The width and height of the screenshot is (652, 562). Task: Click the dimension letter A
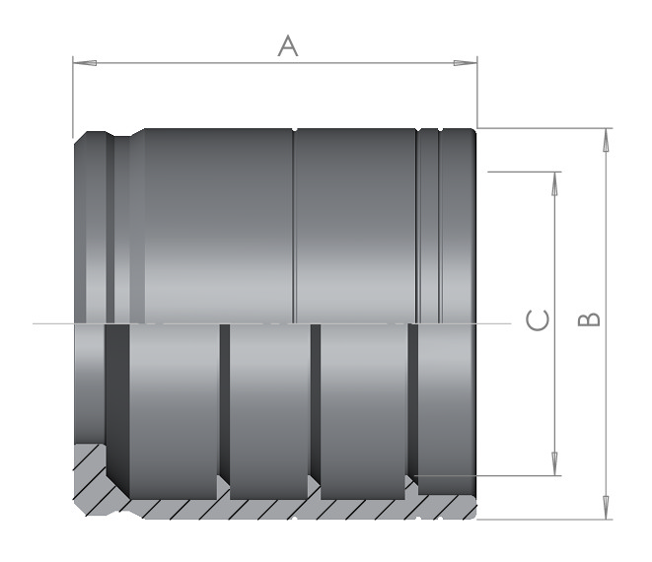point(288,45)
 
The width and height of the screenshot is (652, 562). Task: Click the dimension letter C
point(538,320)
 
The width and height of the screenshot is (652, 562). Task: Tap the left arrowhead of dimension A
point(85,63)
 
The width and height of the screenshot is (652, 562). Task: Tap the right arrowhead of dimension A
point(466,63)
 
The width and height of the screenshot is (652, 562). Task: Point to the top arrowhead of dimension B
point(606,140)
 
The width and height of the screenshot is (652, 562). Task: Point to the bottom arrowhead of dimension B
point(606,507)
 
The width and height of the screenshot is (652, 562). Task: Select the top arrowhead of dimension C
point(554,183)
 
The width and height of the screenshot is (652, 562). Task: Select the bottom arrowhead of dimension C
point(554,463)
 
